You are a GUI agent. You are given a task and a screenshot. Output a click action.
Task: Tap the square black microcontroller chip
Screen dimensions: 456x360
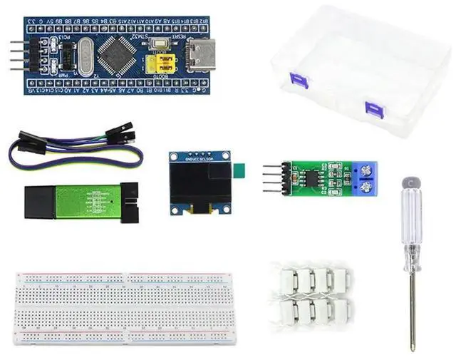tap(115, 52)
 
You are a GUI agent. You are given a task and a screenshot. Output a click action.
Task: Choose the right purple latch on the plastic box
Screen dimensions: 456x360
tap(374, 109)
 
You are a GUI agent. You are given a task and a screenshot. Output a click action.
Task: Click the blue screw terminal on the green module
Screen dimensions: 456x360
tap(368, 180)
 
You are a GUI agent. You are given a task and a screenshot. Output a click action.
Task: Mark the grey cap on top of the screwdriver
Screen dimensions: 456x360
tap(408, 182)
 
